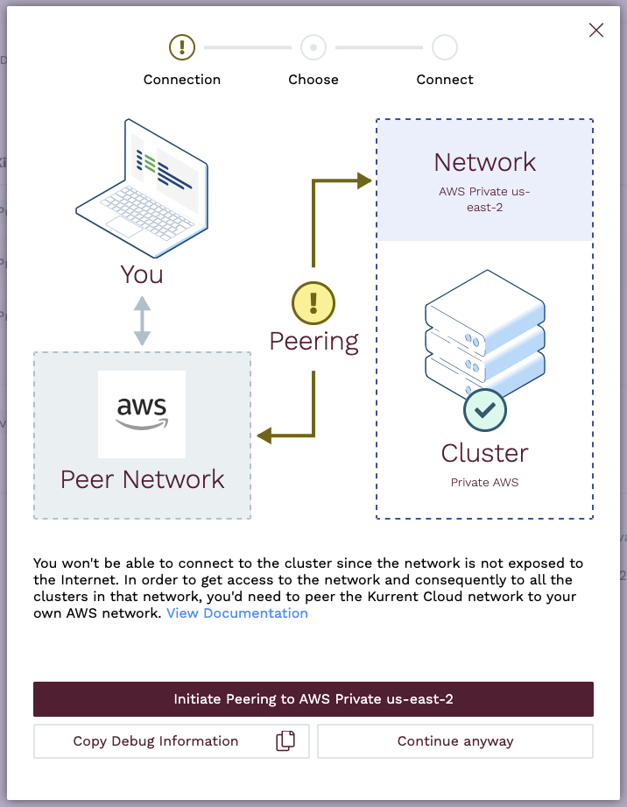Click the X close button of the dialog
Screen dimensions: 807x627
(596, 31)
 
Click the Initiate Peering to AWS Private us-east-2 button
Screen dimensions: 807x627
(313, 699)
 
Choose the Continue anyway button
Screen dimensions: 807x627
(455, 741)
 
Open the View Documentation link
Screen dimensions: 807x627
(237, 613)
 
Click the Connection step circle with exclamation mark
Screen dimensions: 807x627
(182, 46)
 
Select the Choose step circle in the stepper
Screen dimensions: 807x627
(313, 46)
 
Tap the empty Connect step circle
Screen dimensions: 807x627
(445, 46)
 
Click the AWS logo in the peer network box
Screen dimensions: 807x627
(142, 414)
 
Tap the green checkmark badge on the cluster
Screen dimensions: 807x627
(484, 410)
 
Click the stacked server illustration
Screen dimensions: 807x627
(484, 333)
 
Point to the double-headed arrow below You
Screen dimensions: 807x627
(142, 320)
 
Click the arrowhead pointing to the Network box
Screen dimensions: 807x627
(364, 181)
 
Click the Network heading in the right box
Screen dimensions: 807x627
(485, 162)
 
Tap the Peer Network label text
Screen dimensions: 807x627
(142, 479)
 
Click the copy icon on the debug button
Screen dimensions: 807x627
(285, 741)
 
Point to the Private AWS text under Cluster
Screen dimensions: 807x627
(484, 483)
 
